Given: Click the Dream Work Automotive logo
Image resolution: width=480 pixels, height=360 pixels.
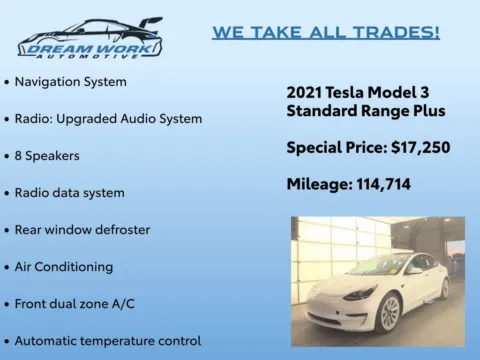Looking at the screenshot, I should (x=89, y=39).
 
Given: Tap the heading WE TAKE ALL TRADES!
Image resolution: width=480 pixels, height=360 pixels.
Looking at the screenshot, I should (x=326, y=32).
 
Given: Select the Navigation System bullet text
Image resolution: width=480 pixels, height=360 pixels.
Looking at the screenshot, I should (x=70, y=80).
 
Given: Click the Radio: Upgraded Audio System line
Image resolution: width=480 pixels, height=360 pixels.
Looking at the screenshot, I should (x=108, y=118).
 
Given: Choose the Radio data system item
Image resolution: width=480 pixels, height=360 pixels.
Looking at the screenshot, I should (x=69, y=192).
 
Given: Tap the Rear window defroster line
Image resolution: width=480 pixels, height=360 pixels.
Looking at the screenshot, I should (x=82, y=229).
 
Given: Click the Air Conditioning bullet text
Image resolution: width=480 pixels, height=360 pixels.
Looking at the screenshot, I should (x=64, y=267).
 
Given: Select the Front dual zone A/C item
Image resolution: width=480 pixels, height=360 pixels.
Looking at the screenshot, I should (x=77, y=304).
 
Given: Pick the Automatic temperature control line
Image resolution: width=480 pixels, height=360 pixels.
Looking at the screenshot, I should (x=107, y=341).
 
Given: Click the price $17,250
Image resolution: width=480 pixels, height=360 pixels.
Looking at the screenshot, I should (x=417, y=147).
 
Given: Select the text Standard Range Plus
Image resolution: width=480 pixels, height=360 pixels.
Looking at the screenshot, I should (x=366, y=110).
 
